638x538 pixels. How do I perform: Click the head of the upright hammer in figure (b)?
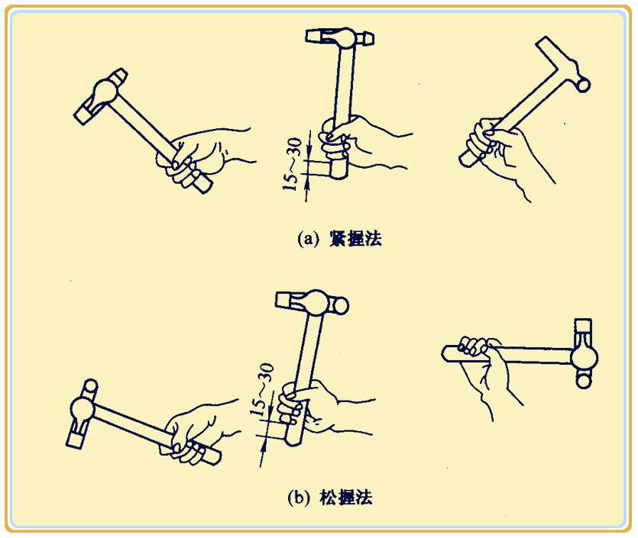coord(309,303)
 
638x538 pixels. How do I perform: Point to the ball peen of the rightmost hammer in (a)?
coord(583,82)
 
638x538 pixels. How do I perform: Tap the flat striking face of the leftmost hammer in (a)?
coord(82,114)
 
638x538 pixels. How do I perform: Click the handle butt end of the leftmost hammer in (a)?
coord(202,185)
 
